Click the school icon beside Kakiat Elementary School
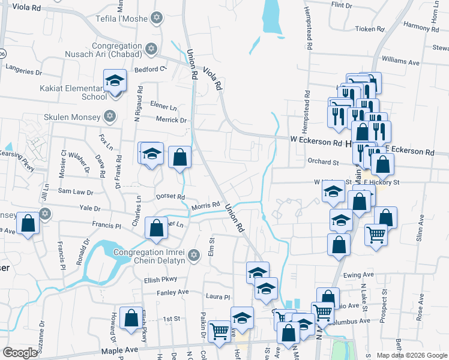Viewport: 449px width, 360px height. (x=115, y=81)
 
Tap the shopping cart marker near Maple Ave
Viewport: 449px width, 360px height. (x=220, y=329)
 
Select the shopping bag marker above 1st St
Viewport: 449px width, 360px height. (x=130, y=319)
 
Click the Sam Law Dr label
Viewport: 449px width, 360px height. (x=75, y=192)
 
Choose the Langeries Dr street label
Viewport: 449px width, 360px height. (x=23, y=71)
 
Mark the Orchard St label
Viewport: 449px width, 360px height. (x=323, y=161)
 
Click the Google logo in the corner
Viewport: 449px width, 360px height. (x=19, y=353)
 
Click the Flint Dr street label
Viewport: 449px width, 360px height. (x=342, y=5)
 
